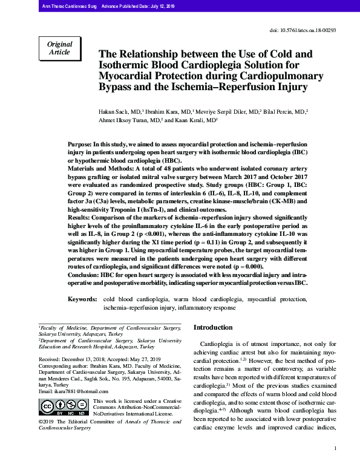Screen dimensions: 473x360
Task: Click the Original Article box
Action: (59, 48)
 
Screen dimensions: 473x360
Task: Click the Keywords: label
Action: (82, 299)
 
